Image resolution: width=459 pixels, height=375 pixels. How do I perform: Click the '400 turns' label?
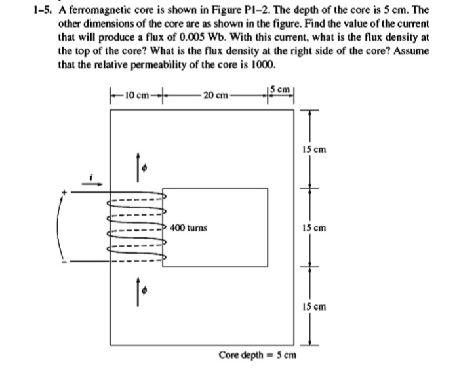click(188, 228)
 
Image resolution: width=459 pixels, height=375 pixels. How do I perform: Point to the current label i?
click(94, 176)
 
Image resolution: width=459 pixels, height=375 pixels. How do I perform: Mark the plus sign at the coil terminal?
click(64, 192)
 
